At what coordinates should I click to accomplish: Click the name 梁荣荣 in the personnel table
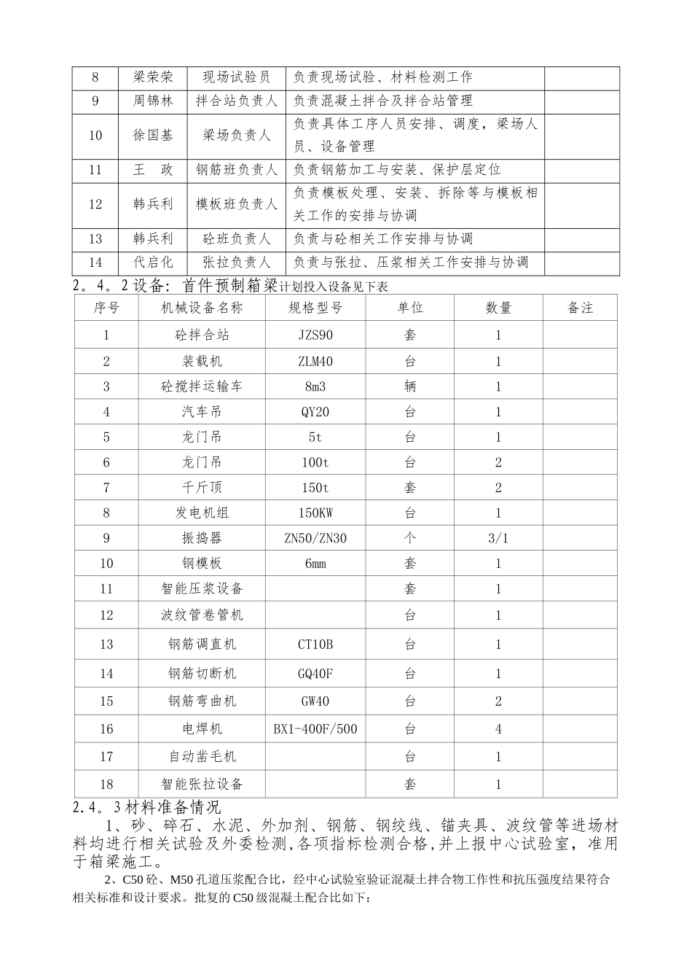tap(153, 77)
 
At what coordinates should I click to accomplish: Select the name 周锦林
tap(153, 101)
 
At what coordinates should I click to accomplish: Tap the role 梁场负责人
tap(237, 136)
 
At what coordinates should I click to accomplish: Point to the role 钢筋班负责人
tap(237, 170)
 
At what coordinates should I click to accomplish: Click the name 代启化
tap(153, 262)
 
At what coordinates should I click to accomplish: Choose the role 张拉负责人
tap(237, 262)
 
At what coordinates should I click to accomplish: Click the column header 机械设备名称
tap(202, 308)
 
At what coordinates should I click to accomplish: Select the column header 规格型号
tap(315, 308)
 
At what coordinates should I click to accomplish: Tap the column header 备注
tap(580, 308)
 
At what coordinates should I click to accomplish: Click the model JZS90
tap(315, 335)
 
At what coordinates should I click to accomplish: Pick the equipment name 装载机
tap(202, 362)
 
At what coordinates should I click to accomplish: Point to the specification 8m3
tap(315, 386)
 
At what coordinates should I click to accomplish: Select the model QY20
tap(315, 412)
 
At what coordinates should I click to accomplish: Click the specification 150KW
tap(315, 513)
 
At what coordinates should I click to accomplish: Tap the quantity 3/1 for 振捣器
tap(498, 538)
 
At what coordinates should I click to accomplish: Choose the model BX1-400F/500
tap(315, 729)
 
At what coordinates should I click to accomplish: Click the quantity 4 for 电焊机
tap(498, 729)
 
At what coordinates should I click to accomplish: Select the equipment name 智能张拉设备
tap(202, 785)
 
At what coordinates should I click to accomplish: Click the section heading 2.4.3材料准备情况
tap(146, 807)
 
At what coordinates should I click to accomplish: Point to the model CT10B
tap(315, 645)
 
